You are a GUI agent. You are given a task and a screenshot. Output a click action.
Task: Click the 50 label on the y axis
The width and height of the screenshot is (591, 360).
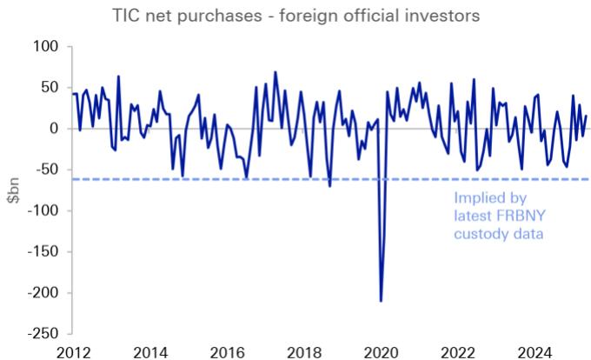pos(49,87)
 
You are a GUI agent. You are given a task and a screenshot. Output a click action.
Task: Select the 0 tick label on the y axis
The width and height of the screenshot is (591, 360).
pos(53,128)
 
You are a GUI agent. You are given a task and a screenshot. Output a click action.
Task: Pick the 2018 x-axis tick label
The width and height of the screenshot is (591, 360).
pos(306,351)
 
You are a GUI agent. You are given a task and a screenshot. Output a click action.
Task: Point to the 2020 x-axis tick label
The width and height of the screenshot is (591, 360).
pos(382,351)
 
